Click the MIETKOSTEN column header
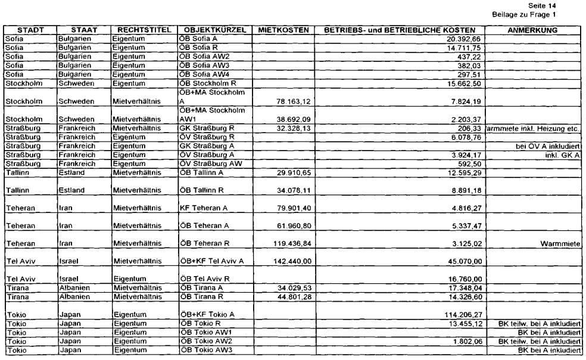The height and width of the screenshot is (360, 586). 283,30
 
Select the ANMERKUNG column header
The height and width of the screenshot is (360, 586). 534,30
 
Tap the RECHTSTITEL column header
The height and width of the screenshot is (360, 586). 144,30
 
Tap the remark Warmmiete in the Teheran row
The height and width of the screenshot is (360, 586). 560,243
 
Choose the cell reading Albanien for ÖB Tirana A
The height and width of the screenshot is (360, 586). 76,288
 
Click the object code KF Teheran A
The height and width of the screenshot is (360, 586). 204,209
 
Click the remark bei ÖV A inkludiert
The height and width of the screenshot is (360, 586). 548,145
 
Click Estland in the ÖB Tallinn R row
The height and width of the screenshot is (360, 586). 71,190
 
